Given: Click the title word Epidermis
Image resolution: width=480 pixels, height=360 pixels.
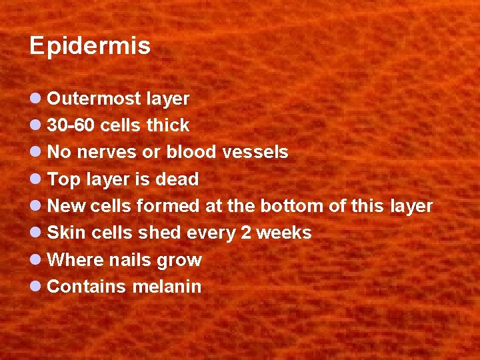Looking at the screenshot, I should (90, 47).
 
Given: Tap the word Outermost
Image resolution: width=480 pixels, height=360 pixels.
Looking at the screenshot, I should (94, 99).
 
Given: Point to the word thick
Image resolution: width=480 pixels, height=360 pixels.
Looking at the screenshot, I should (168, 126).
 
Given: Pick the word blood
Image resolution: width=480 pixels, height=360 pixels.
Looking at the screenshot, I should (191, 153).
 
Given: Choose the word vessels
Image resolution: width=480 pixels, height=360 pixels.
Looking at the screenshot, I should (255, 153).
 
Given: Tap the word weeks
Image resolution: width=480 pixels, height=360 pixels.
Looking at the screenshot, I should (284, 233).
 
